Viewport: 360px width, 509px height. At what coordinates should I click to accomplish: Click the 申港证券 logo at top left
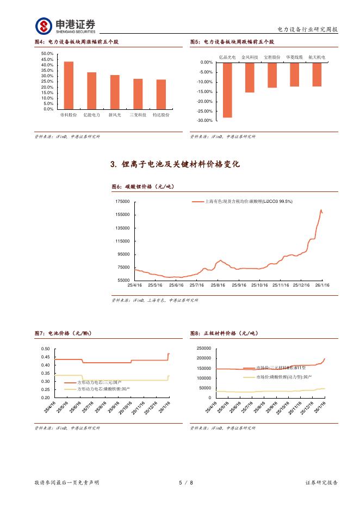[x=65, y=26]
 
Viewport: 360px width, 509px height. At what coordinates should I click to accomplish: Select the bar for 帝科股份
[x=69, y=85]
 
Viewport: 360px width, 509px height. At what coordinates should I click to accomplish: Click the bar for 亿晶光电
[x=227, y=90]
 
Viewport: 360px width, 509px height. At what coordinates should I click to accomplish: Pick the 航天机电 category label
[x=316, y=57]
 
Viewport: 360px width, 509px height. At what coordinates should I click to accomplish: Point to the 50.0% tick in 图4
[x=47, y=54]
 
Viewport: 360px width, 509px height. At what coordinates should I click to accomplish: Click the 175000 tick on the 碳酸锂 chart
[x=122, y=202]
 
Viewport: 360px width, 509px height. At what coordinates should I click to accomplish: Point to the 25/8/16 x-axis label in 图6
[x=218, y=285]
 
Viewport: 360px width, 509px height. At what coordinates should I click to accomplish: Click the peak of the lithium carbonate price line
[x=321, y=210]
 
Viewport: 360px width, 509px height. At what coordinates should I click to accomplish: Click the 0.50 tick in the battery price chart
[x=45, y=349]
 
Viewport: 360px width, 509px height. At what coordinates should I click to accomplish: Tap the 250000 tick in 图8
[x=203, y=349]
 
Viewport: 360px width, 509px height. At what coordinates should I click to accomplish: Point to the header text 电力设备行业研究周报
[x=307, y=29]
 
